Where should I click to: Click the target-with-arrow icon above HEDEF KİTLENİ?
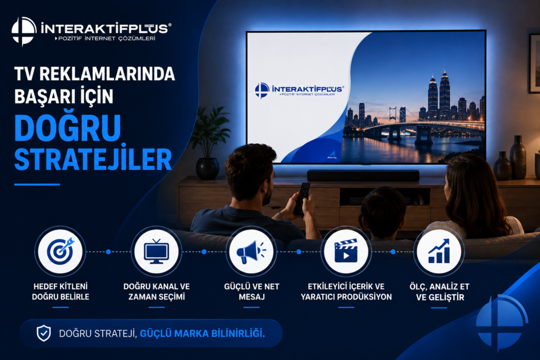(61, 251)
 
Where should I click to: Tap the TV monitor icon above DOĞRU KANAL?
(156, 251)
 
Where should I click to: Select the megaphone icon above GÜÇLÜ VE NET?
(251, 251)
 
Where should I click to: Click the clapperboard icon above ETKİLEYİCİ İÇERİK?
(346, 251)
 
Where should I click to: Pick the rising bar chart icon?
(439, 251)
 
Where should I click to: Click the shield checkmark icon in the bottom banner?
(44, 333)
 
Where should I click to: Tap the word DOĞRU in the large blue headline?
(67, 128)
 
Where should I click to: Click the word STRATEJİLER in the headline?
(93, 159)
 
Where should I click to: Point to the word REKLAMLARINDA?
(107, 74)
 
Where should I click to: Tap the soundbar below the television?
(363, 175)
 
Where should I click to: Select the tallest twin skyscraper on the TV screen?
(444, 92)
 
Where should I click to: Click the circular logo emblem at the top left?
(24, 31)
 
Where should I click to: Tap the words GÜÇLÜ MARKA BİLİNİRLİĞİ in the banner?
(202, 334)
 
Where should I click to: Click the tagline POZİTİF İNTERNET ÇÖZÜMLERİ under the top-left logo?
(107, 38)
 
